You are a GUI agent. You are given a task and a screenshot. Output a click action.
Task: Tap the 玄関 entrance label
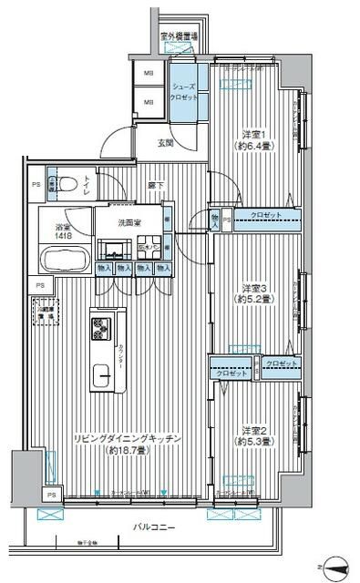click(x=164, y=141)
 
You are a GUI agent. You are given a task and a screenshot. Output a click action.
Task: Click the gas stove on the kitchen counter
click(x=101, y=325)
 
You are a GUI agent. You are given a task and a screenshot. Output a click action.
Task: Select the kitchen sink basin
click(x=100, y=373)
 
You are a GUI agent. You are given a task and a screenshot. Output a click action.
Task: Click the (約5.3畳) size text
click(x=253, y=443)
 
